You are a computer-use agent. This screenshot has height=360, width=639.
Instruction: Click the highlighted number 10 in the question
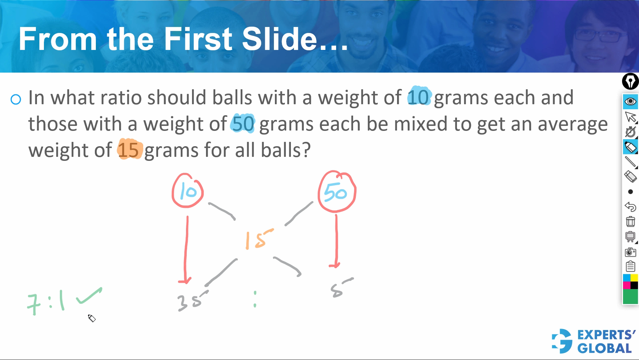(x=419, y=97)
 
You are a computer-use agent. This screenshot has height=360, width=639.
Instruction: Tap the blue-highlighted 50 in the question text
(x=243, y=124)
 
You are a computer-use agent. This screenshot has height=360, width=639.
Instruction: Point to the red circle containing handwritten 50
(x=336, y=192)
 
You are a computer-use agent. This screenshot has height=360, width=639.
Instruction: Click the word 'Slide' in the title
(x=279, y=39)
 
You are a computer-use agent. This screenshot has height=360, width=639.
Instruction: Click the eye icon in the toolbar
(x=630, y=102)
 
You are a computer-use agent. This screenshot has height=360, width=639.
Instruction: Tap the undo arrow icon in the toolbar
(x=630, y=207)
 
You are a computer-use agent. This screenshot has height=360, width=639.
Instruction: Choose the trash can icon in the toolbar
(x=630, y=221)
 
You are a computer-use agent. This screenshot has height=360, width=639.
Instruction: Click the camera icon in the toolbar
(x=630, y=252)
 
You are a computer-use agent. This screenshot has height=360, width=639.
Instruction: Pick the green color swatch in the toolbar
(x=630, y=297)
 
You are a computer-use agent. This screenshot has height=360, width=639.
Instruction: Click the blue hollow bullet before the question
(x=16, y=99)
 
